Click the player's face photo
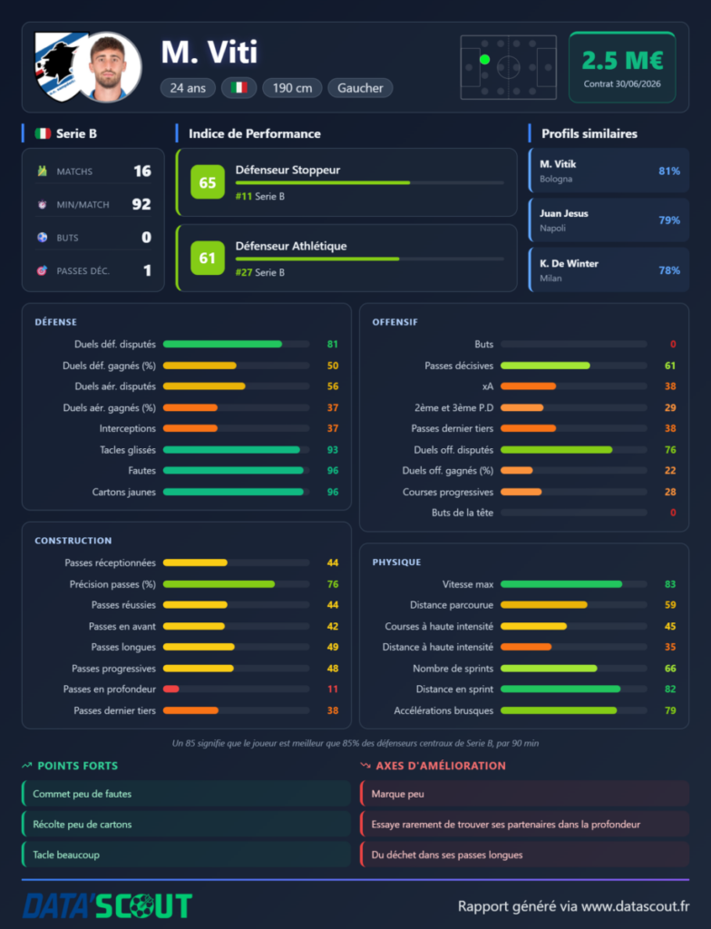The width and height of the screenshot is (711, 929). pos(109,67)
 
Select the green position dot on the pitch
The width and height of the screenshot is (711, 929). pos(484,59)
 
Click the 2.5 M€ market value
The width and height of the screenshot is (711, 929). pos(622,61)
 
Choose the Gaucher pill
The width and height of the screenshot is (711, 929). pos(360,88)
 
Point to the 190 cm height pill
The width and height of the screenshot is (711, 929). pos(292,88)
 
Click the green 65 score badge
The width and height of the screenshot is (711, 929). pos(208,181)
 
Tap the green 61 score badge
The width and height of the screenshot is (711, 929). pos(208,258)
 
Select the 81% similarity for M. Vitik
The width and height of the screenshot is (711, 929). pos(669,171)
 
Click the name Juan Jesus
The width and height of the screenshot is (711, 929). pos(563,213)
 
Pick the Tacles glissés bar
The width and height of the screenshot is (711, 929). pos(231,450)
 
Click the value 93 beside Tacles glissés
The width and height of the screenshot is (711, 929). pos(333,450)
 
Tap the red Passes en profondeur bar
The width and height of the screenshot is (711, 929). pos(171,689)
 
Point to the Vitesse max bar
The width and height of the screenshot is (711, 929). pos(561,584)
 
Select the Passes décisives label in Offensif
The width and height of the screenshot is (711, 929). pos(459,366)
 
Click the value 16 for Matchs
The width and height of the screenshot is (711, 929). pos(142,171)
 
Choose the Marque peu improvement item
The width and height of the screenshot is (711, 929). pos(397,794)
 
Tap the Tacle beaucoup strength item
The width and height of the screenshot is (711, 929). pos(66,855)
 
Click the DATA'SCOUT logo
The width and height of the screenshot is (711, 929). pos(107,906)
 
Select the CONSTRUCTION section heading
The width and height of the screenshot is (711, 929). pos(73,541)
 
